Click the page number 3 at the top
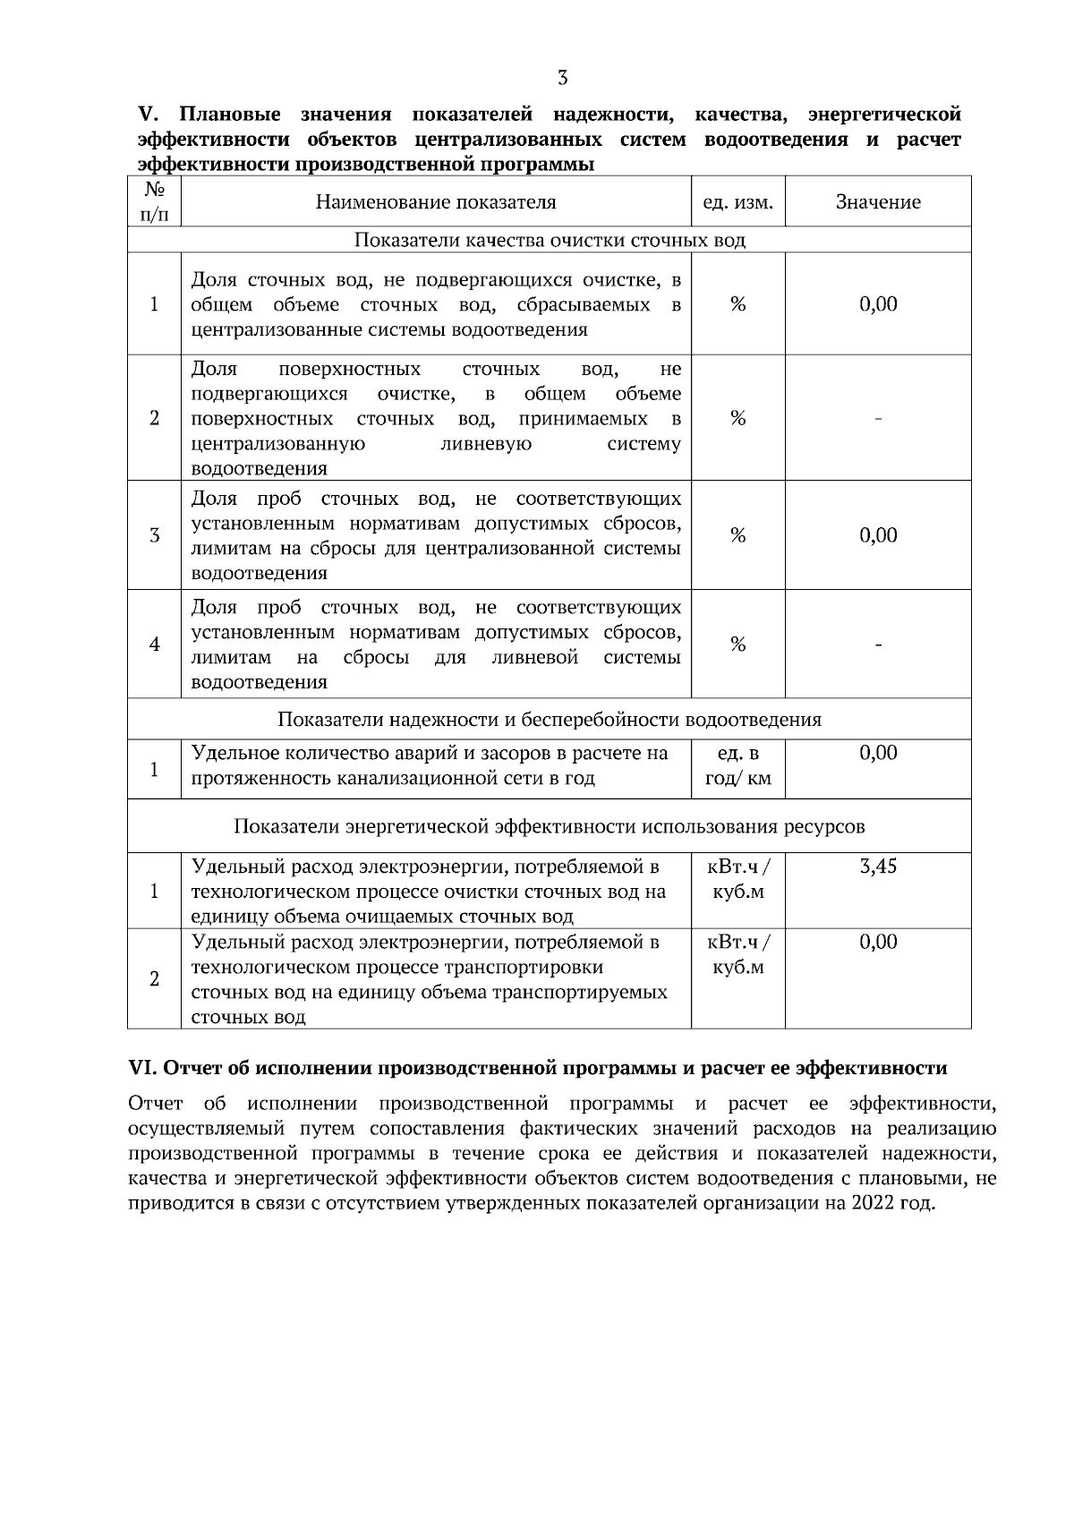click(562, 78)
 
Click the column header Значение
click(878, 202)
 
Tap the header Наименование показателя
click(436, 202)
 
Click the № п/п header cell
click(154, 201)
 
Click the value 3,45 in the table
click(878, 867)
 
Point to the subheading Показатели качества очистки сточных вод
click(550, 240)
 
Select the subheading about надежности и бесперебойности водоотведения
click(550, 720)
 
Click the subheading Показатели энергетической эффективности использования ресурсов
click(550, 825)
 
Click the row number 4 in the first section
click(154, 645)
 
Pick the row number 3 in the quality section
click(154, 535)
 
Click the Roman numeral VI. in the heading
click(144, 1068)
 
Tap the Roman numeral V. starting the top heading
click(147, 115)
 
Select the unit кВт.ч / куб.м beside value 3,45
click(738, 879)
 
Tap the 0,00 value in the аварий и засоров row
click(878, 753)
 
